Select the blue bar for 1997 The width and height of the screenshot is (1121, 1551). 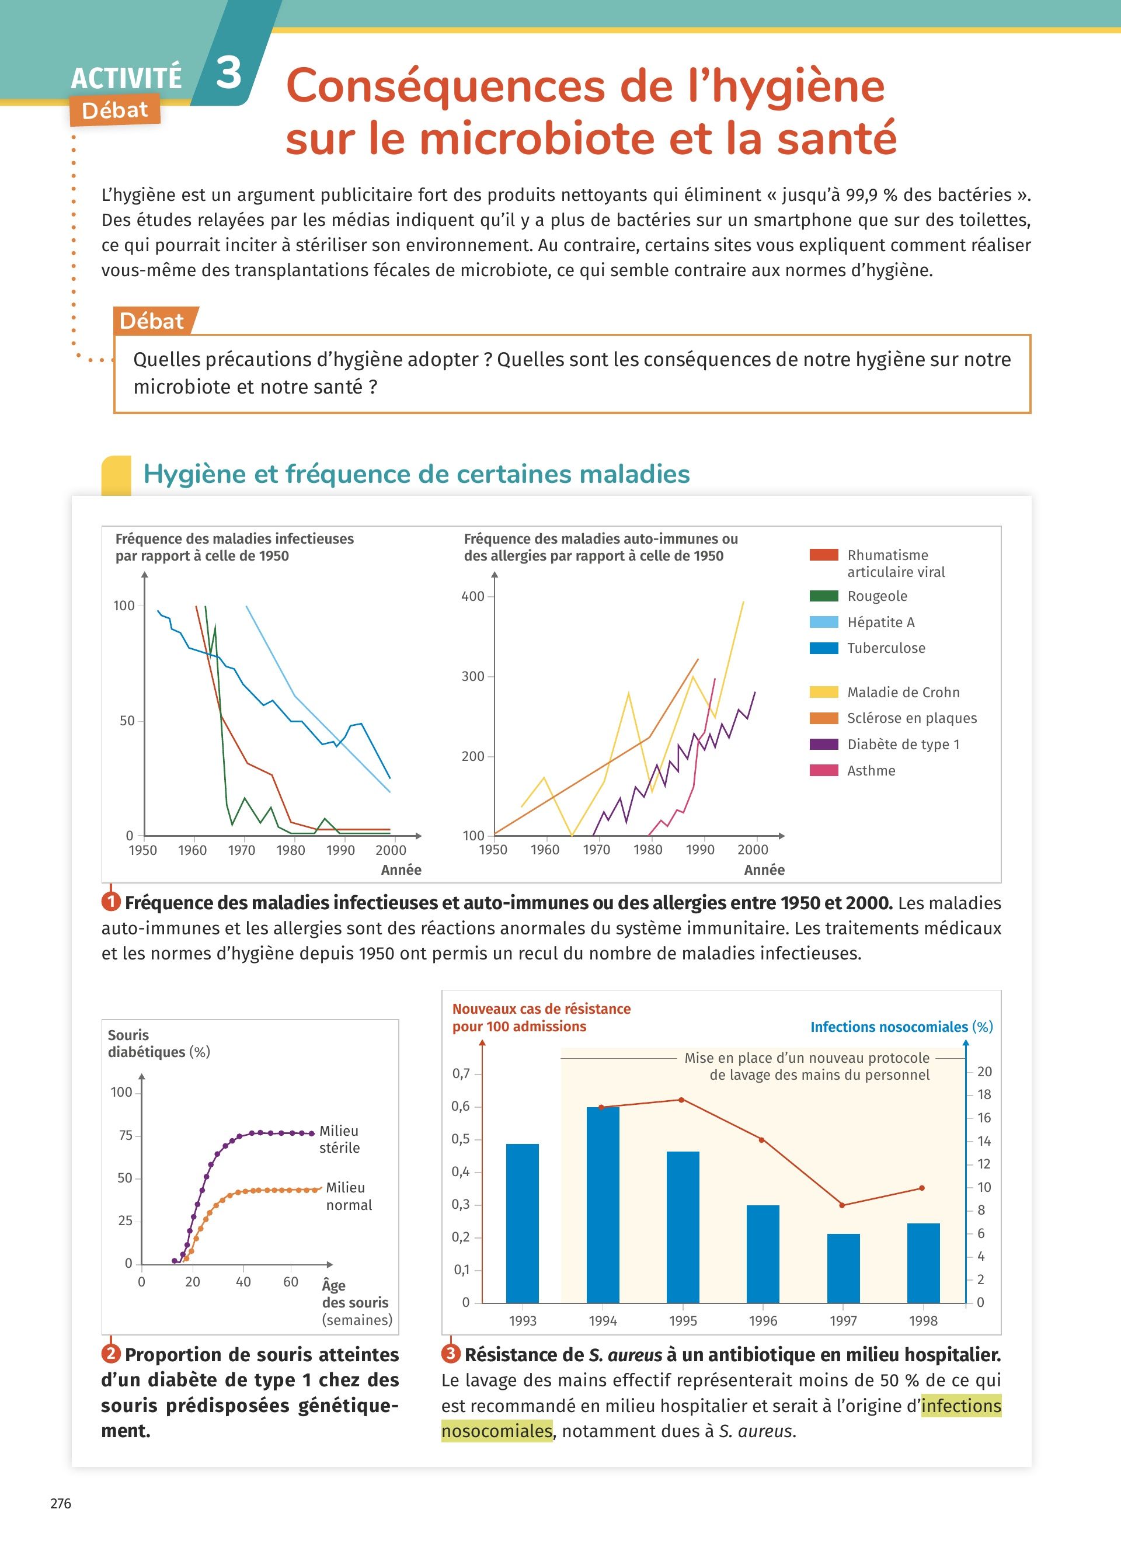843,1268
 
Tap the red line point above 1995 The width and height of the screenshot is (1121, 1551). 681,1100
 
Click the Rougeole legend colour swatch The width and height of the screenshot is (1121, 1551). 824,596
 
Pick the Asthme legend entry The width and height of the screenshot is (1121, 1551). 871,771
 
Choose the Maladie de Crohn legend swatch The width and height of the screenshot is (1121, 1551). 824,692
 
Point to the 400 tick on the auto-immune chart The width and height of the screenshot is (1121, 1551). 473,596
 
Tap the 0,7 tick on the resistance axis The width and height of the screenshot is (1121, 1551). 461,1074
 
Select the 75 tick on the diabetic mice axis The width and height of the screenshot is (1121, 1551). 125,1135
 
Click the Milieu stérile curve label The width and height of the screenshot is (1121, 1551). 340,1139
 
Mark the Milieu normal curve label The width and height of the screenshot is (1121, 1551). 348,1196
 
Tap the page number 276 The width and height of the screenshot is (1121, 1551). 61,1503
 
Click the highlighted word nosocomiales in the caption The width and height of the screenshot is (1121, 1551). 496,1431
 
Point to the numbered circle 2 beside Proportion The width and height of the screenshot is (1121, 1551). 111,1354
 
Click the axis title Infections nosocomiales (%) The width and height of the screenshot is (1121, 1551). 901,1027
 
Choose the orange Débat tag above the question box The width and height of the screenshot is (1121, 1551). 152,321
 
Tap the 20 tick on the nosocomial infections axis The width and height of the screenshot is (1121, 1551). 984,1072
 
